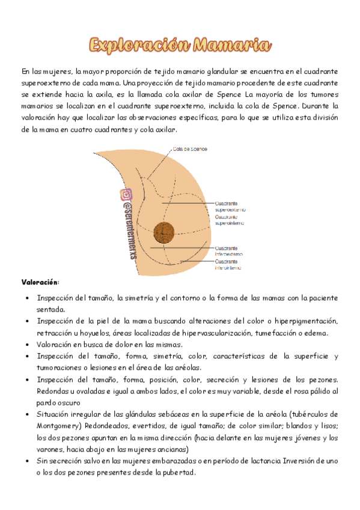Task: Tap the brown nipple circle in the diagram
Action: click(x=163, y=232)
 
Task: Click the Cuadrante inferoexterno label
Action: click(x=230, y=250)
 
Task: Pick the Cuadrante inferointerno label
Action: click(x=230, y=265)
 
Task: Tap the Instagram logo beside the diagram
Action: click(x=126, y=195)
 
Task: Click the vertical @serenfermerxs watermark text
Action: click(x=127, y=229)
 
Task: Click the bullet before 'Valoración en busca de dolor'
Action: click(x=23, y=345)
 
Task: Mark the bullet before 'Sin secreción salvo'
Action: click(x=23, y=461)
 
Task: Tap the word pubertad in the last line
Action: click(x=180, y=472)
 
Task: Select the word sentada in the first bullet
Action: click(x=50, y=310)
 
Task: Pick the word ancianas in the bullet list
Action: click(x=172, y=449)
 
